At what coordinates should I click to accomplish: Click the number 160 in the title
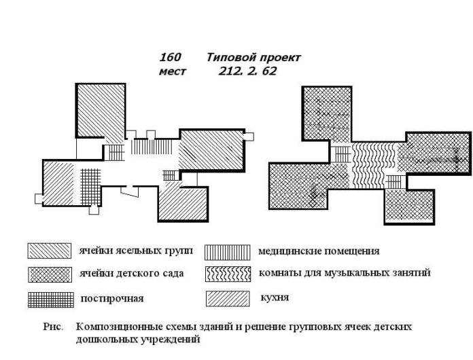170,57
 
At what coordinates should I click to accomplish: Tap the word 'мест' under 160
173,71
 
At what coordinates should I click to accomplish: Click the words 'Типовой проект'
253,57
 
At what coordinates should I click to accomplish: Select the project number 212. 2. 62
247,71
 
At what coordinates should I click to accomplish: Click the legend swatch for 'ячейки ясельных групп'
50,251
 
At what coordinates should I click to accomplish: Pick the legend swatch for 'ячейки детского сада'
50,274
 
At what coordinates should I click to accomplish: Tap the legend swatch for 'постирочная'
51,300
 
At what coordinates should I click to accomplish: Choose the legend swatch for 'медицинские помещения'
228,253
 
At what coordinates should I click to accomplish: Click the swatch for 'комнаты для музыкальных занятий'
228,274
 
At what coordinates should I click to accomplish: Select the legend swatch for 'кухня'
228,298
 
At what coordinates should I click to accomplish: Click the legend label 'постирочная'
112,298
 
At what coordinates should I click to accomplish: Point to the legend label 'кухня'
275,298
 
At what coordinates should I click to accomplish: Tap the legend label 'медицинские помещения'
319,251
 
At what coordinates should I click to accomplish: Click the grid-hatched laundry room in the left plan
90,187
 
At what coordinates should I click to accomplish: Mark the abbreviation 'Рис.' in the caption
54,327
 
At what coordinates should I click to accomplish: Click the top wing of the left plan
101,110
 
